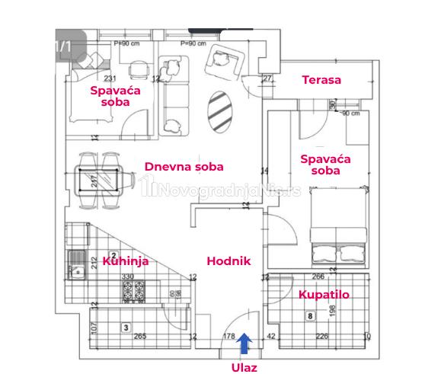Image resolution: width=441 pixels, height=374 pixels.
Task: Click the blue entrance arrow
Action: click(244, 344)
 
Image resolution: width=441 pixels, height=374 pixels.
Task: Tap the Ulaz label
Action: click(244, 366)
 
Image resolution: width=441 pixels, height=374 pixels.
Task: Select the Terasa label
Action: click(321, 80)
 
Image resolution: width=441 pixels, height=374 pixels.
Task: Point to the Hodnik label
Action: click(228, 261)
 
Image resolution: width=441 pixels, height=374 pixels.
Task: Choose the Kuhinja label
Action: click(125, 261)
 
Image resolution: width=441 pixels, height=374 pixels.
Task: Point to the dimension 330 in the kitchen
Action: click(127, 277)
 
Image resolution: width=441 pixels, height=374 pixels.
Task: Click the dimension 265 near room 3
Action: click(139, 335)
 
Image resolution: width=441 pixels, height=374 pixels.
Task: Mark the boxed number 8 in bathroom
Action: click(310, 315)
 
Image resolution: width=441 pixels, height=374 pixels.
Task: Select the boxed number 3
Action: click(125, 327)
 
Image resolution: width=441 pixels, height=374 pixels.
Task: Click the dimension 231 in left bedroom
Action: click(110, 79)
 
